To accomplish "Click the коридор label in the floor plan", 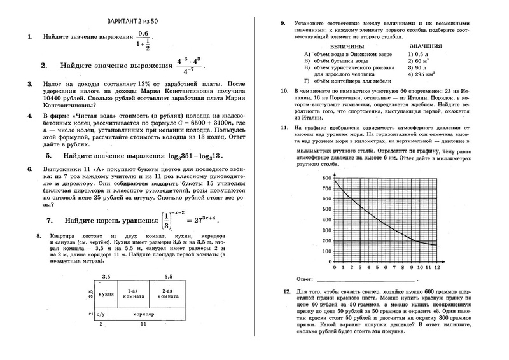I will coord(143,314).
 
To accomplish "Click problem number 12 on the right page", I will coord(284,291).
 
